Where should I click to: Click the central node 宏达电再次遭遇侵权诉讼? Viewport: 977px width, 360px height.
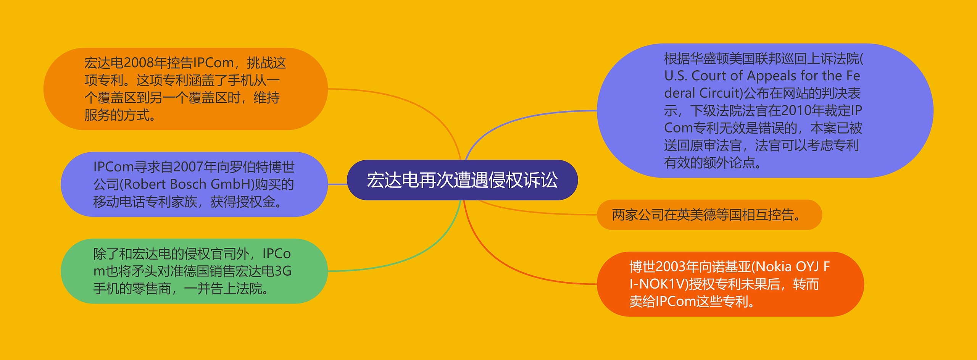462,180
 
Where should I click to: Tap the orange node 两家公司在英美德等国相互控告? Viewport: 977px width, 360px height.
709,215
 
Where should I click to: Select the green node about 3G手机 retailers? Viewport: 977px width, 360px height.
194,271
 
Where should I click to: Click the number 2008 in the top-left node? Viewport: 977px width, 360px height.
139,63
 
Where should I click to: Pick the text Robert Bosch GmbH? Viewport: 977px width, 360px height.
187,184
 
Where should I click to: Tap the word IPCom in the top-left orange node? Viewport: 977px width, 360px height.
214,63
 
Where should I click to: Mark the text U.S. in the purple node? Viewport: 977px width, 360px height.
676,76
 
